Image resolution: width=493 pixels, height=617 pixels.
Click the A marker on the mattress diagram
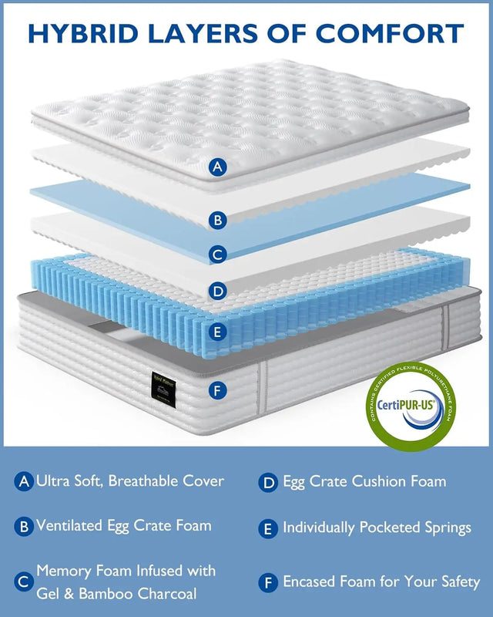[x=219, y=166]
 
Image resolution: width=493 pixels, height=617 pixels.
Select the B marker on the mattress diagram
[x=219, y=221]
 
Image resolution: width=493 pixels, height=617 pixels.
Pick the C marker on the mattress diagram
[x=219, y=255]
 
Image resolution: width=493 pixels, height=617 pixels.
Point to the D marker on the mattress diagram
[x=219, y=291]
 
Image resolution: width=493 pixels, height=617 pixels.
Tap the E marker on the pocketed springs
[x=219, y=332]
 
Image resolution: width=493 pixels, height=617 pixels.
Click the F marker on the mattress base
[x=219, y=390]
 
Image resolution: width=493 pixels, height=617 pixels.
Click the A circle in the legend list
[x=24, y=482]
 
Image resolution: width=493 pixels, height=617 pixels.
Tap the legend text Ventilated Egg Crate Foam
[x=123, y=526]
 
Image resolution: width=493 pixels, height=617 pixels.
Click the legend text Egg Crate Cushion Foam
[x=364, y=482]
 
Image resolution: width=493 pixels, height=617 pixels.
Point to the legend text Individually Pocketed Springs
[x=377, y=528]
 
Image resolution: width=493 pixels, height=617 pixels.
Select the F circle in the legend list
[x=267, y=582]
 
